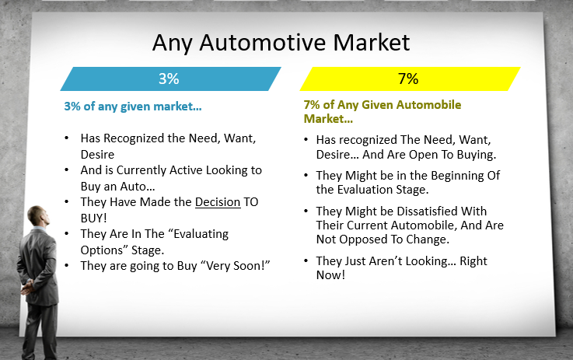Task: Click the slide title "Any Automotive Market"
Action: click(x=281, y=43)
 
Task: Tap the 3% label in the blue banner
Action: click(x=169, y=79)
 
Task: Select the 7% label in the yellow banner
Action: click(x=408, y=79)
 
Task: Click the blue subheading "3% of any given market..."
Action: click(x=133, y=107)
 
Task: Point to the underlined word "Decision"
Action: click(x=218, y=201)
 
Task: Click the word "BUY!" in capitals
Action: click(x=94, y=218)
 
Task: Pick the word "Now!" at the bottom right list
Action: click(x=330, y=274)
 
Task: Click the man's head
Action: click(x=38, y=215)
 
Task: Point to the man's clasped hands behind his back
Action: click(x=27, y=288)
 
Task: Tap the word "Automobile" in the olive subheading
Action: click(x=428, y=105)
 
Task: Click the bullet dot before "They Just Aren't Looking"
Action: click(x=306, y=261)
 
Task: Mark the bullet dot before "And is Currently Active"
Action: click(x=67, y=170)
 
